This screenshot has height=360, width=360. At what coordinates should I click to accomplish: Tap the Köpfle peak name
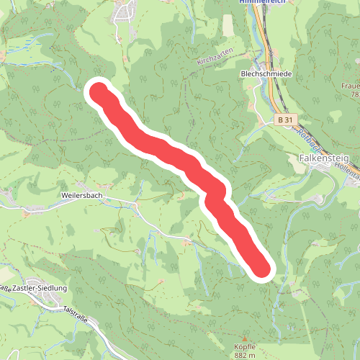244,346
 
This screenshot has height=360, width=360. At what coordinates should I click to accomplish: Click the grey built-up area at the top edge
126,9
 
